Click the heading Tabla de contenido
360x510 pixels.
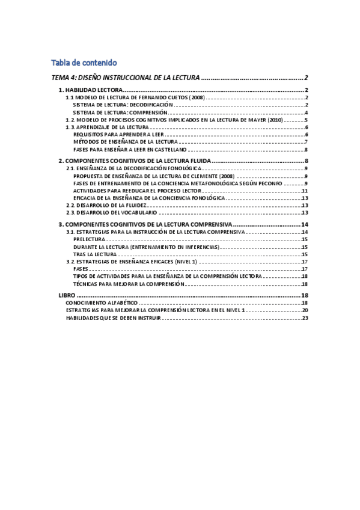click(84, 63)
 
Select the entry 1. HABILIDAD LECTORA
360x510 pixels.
click(90, 90)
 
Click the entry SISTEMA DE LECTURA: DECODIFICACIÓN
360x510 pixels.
click(118, 105)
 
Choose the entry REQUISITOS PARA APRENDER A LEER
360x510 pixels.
click(114, 135)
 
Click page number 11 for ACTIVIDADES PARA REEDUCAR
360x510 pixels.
click(305, 191)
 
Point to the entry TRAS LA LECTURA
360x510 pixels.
click(96, 254)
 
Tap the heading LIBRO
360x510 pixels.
click(67, 296)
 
